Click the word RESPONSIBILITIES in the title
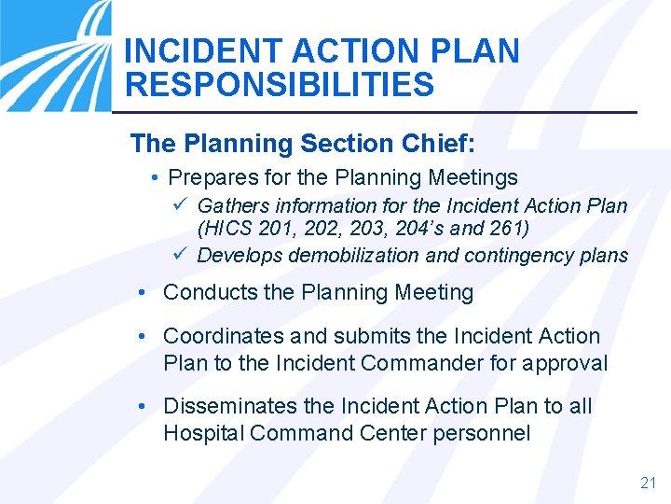tap(279, 85)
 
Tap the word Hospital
tap(199, 433)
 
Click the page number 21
tap(649, 483)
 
